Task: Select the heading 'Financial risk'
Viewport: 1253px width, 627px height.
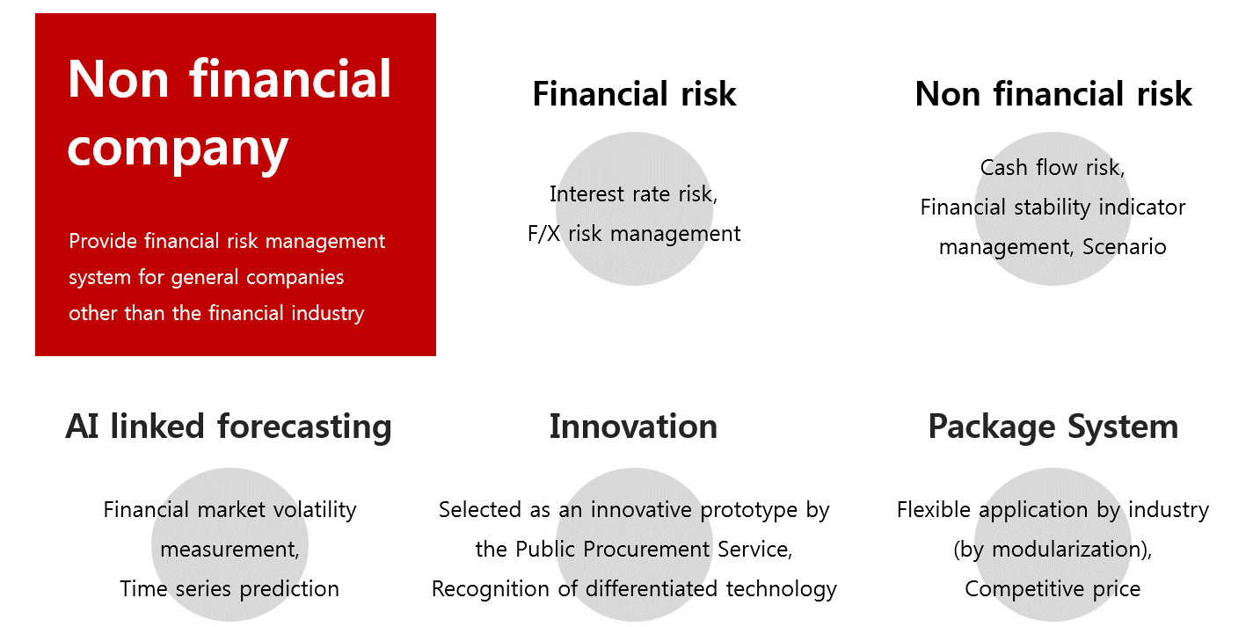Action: click(634, 93)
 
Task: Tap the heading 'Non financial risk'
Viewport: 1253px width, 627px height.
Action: click(1053, 93)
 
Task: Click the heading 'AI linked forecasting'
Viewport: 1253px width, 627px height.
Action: click(229, 427)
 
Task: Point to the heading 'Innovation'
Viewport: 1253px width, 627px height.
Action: click(633, 427)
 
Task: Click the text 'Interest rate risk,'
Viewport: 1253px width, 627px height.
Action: click(633, 194)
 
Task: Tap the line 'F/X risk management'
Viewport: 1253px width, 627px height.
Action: click(634, 234)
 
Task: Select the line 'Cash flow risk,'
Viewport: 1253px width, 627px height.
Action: click(1053, 168)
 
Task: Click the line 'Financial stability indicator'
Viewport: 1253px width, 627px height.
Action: click(1053, 208)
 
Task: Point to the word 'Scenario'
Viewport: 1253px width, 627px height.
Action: click(1125, 246)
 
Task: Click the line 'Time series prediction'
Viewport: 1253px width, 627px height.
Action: click(229, 589)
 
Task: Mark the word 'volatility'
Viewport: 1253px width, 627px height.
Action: click(315, 510)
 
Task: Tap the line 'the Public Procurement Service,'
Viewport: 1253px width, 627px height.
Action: click(634, 550)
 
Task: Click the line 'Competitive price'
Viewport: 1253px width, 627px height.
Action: click(1053, 589)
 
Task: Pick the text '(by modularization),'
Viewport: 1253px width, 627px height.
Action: click(1053, 550)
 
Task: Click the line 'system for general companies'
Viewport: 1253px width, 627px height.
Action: click(206, 277)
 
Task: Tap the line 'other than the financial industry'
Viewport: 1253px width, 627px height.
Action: click(216, 313)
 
